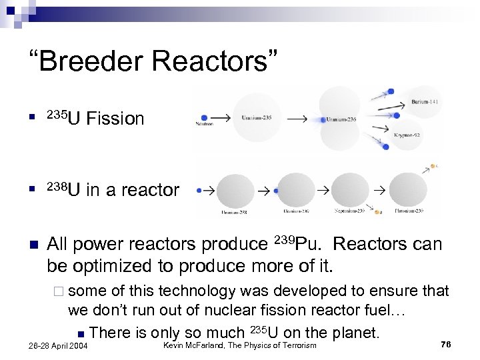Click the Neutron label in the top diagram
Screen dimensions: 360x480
tap(203, 124)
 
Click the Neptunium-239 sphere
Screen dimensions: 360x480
tap(349, 190)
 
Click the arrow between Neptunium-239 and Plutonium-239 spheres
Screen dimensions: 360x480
tap(379, 191)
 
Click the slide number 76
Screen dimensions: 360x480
tap(446, 344)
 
